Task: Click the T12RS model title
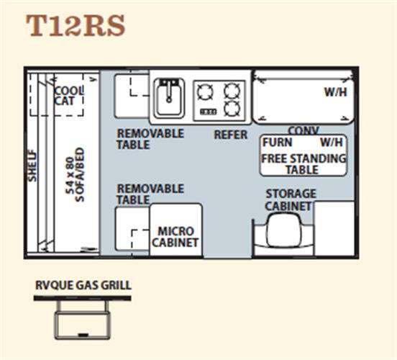76,25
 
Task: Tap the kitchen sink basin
169,98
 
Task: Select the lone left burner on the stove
205,91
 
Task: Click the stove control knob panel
209,112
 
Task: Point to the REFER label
231,135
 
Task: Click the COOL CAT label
69,96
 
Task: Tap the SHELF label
32,166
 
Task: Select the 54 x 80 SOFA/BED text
75,175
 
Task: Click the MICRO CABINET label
175,237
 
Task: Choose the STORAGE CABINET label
291,200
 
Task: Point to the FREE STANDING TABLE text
304,164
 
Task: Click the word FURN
277,143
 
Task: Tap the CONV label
304,130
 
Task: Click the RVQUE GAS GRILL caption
83,285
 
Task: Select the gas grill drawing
82,318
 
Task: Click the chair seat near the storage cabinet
283,230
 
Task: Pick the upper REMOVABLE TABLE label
150,139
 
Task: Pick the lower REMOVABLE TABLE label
150,194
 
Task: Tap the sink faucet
169,90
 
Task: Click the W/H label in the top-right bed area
335,92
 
